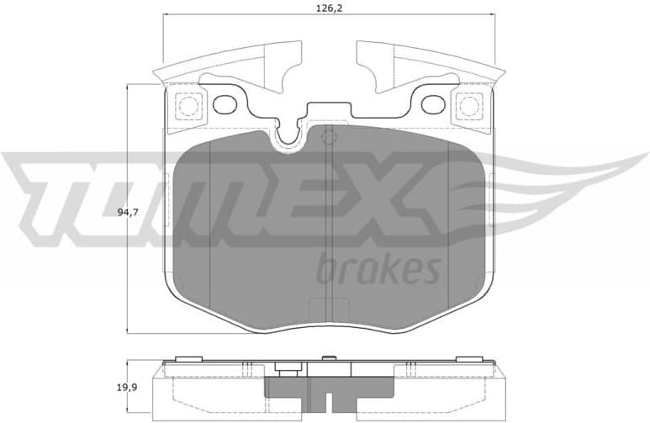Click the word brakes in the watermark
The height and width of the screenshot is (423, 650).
379,269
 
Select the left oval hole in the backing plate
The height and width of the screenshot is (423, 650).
225,105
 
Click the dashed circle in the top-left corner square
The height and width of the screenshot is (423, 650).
188,106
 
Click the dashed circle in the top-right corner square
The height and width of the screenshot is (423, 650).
468,106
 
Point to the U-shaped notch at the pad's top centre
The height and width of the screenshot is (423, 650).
291,135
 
